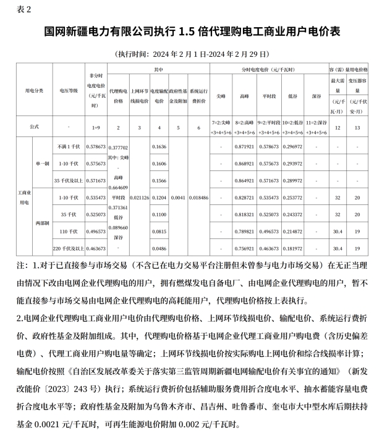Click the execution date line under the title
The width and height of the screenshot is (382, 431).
(x=190, y=52)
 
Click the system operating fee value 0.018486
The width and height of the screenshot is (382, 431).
(x=198, y=197)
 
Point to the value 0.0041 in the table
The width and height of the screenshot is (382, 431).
(x=177, y=197)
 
